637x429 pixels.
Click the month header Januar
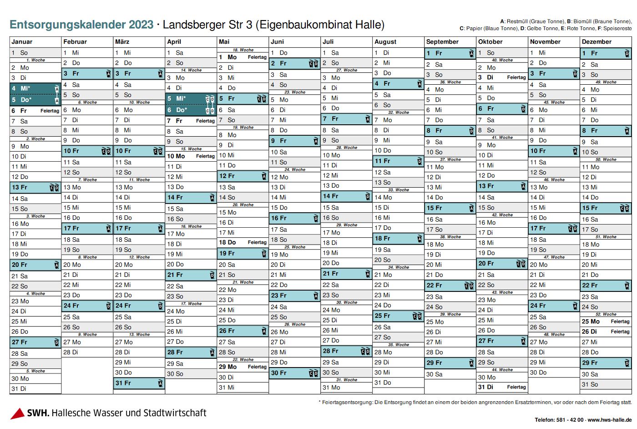pos(22,42)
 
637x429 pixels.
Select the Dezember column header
pos(597,42)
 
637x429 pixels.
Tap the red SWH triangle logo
pos(17,414)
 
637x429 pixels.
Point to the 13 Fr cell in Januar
pos(35,187)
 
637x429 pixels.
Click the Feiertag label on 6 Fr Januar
pos(50,111)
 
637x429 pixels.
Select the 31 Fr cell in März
pos(139,383)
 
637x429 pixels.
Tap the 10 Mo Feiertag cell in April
pos(191,156)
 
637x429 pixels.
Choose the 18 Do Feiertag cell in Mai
pos(243,242)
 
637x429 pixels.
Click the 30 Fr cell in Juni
pos(294,373)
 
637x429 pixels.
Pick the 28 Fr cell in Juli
pos(346,351)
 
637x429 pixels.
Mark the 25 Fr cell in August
pos(398,316)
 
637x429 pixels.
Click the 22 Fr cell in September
pos(450,286)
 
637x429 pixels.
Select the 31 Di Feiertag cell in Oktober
pos(502,387)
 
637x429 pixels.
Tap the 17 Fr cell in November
pos(554,228)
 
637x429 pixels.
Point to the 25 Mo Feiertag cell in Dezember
pos(606,321)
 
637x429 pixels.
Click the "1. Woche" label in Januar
pos(35,60)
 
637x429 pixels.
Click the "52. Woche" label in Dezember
pos(609,314)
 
